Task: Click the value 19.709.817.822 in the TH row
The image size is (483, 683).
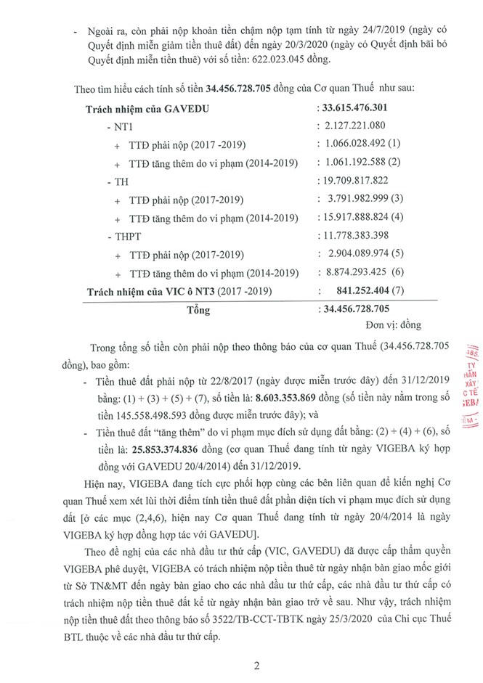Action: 358,180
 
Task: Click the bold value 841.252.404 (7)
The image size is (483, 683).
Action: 374,290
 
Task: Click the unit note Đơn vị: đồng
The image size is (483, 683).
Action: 393,324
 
